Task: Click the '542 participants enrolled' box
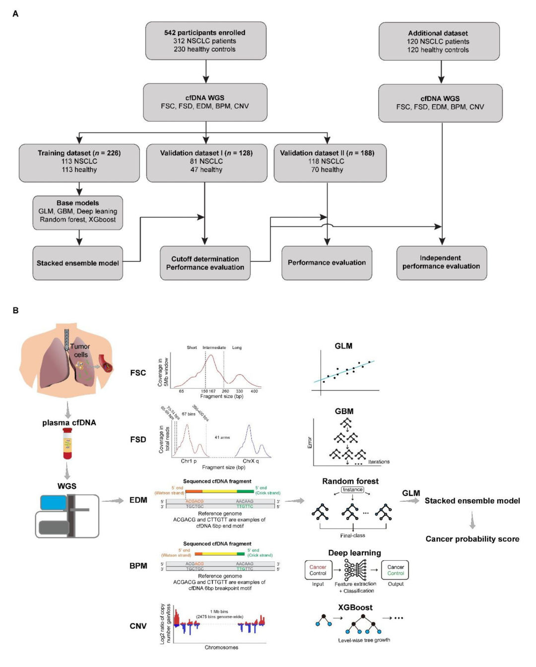click(205, 41)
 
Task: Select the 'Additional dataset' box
click(439, 42)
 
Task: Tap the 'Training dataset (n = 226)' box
click(79, 162)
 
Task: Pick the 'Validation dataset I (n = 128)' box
click(206, 162)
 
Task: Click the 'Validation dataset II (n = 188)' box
click(328, 162)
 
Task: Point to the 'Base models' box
click(78, 212)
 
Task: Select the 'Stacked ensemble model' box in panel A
click(78, 263)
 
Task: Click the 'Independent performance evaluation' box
click(441, 263)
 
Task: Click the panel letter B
click(15, 310)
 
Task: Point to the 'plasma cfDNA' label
click(69, 423)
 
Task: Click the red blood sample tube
click(67, 444)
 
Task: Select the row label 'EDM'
click(138, 500)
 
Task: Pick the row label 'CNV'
click(138, 626)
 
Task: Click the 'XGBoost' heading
click(355, 607)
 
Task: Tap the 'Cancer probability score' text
click(472, 539)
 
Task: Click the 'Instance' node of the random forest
click(352, 490)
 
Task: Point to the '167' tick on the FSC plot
click(212, 392)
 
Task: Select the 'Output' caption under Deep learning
click(396, 584)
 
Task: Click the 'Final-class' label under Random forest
click(352, 535)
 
